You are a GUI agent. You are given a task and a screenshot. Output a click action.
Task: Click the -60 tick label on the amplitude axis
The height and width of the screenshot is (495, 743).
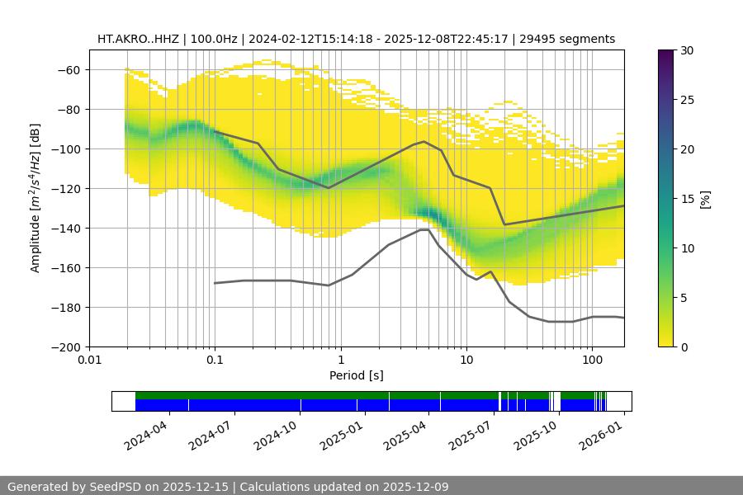click(69, 70)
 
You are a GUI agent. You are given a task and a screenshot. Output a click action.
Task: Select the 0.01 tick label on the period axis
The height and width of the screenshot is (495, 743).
click(89, 361)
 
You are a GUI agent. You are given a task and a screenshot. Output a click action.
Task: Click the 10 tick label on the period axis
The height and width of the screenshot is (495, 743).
click(466, 361)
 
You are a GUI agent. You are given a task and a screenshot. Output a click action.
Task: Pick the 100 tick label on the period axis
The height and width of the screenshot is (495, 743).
click(591, 361)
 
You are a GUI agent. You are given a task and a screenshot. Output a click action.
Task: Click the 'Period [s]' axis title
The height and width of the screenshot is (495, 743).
click(357, 376)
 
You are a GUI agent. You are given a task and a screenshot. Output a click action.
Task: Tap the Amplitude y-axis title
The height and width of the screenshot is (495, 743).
click(35, 198)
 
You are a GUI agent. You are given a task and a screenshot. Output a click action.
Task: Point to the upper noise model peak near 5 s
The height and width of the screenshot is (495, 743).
click(424, 141)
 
